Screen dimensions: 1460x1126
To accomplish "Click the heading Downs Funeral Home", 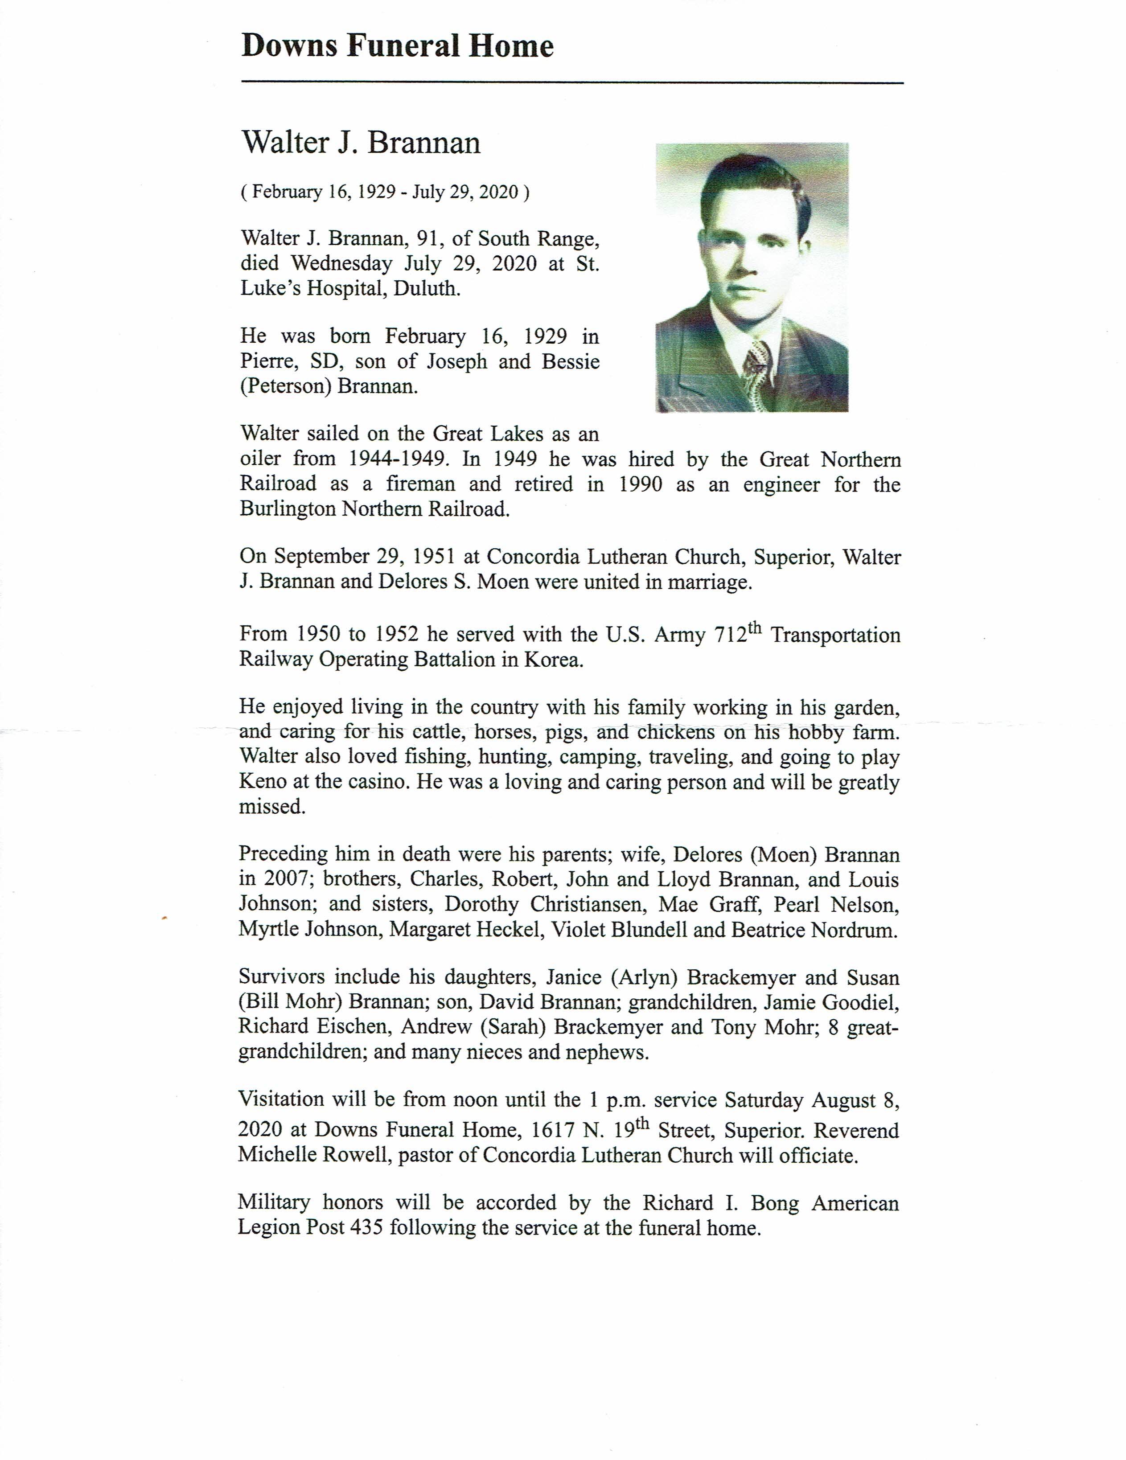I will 397,47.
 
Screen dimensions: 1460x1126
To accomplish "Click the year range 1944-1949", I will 397,459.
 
